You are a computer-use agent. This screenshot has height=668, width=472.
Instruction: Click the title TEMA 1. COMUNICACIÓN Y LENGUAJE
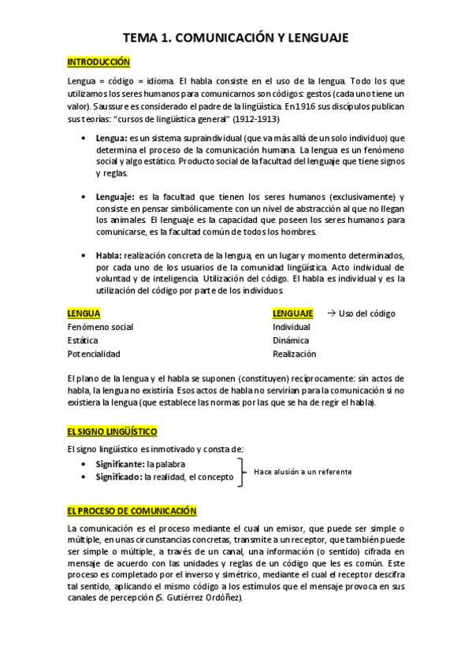point(236,38)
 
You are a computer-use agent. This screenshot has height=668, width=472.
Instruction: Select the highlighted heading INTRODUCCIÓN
point(98,61)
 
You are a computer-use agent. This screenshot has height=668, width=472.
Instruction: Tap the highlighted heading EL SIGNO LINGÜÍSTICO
point(113,432)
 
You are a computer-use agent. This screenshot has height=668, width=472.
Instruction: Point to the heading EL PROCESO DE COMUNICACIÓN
point(132,510)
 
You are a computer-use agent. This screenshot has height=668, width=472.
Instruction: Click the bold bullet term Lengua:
point(112,139)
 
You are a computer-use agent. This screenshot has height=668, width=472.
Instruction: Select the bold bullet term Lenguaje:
point(116,196)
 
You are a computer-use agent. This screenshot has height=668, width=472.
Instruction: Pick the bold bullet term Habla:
point(109,255)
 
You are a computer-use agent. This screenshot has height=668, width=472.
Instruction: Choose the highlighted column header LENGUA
point(84,314)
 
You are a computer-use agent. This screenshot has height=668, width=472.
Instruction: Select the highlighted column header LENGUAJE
point(292,314)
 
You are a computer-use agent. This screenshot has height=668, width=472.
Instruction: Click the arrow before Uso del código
point(331,313)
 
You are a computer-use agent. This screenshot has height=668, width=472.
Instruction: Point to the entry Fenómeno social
point(101,327)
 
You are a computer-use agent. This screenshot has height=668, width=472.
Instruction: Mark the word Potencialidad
point(95,354)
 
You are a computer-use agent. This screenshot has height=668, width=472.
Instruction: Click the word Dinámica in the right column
point(291,340)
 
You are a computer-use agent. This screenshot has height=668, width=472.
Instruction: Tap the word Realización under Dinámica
point(294,354)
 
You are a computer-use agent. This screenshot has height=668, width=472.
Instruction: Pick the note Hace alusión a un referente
point(303,472)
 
